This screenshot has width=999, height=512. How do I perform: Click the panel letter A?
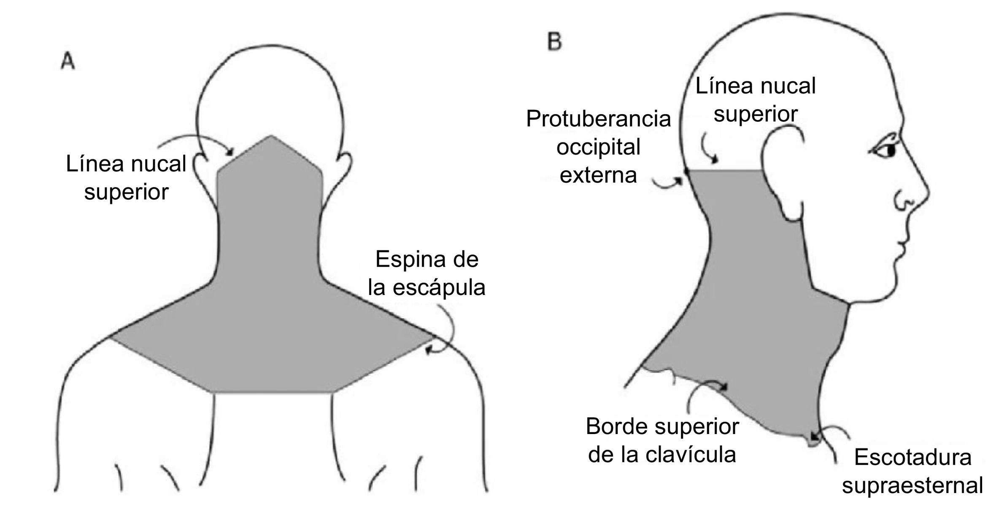[x=68, y=62]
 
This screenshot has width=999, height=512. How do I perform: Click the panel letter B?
[x=555, y=42]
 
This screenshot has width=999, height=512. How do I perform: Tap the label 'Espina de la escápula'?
[x=427, y=273]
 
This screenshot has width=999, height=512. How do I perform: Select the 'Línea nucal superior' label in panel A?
[x=126, y=177]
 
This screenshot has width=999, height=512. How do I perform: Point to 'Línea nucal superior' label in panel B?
[x=755, y=100]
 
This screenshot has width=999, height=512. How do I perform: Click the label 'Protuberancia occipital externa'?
[x=598, y=147]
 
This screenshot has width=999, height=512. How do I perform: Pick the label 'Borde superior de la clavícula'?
[x=662, y=440]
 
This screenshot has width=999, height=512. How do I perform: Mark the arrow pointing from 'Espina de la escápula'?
[x=443, y=333]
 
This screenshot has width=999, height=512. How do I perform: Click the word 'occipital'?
[x=598, y=147]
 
